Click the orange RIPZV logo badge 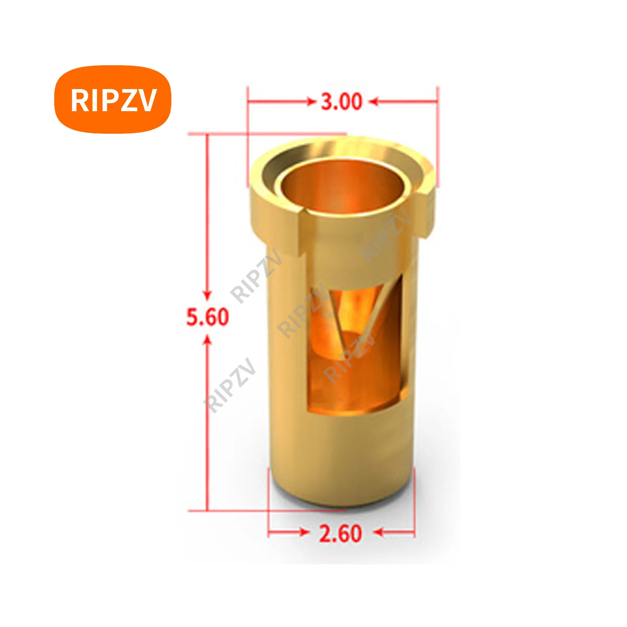coord(113,99)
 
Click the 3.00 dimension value coord(341,102)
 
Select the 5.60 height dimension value coord(208,316)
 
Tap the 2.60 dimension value coord(340,533)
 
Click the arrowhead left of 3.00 coord(311,102)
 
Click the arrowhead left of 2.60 coord(304,532)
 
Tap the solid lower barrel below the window coord(341,456)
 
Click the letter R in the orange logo coord(78,100)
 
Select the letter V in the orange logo coord(147,100)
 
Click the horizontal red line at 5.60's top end coord(268,134)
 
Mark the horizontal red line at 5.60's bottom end coord(268,510)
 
